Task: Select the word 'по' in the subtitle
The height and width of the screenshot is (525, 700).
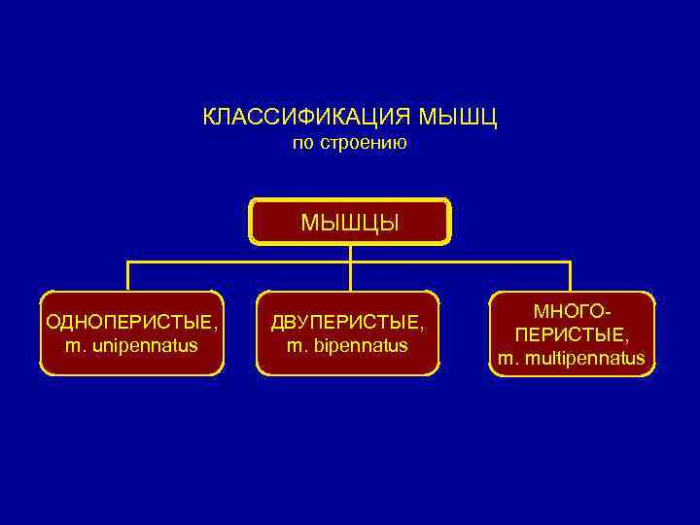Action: click(x=303, y=144)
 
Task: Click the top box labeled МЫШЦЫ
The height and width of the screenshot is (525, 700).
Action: click(x=350, y=222)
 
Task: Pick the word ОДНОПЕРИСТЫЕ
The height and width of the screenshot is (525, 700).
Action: click(x=128, y=322)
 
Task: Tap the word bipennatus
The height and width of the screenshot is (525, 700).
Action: click(x=360, y=345)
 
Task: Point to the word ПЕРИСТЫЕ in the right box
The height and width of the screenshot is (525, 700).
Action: click(x=570, y=335)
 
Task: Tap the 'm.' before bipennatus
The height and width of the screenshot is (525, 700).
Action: click(x=296, y=345)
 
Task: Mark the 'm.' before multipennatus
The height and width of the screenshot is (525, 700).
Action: click(x=507, y=359)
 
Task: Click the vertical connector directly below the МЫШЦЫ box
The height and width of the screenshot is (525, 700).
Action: click(x=350, y=253)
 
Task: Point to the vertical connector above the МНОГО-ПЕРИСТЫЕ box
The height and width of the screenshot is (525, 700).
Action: click(x=570, y=276)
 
